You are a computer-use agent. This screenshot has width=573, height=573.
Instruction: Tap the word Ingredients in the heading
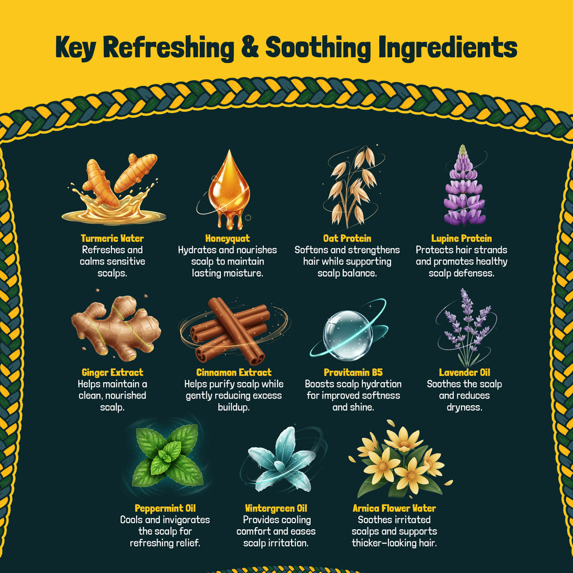click(x=448, y=48)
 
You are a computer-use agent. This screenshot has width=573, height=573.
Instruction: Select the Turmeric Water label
click(x=112, y=238)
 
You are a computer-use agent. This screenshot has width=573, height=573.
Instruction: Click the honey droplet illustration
click(x=229, y=189)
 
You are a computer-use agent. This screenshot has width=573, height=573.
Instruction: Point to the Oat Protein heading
click(x=347, y=238)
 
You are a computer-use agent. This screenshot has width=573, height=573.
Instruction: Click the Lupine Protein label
click(x=461, y=238)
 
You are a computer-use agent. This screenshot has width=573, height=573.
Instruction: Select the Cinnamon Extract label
click(x=234, y=372)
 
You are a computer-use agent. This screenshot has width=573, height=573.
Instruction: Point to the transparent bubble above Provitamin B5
click(x=347, y=335)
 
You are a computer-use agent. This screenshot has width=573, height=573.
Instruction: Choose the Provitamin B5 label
click(x=353, y=372)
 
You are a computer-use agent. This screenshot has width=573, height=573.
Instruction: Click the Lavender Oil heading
click(x=465, y=372)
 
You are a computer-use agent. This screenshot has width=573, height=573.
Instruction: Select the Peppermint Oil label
click(x=165, y=508)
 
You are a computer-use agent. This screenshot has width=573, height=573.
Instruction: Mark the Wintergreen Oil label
click(x=276, y=508)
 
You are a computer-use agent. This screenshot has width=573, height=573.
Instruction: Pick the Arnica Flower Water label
click(x=394, y=508)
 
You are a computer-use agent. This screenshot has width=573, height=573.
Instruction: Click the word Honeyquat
click(x=227, y=238)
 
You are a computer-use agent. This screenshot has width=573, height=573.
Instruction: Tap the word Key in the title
click(x=76, y=48)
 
